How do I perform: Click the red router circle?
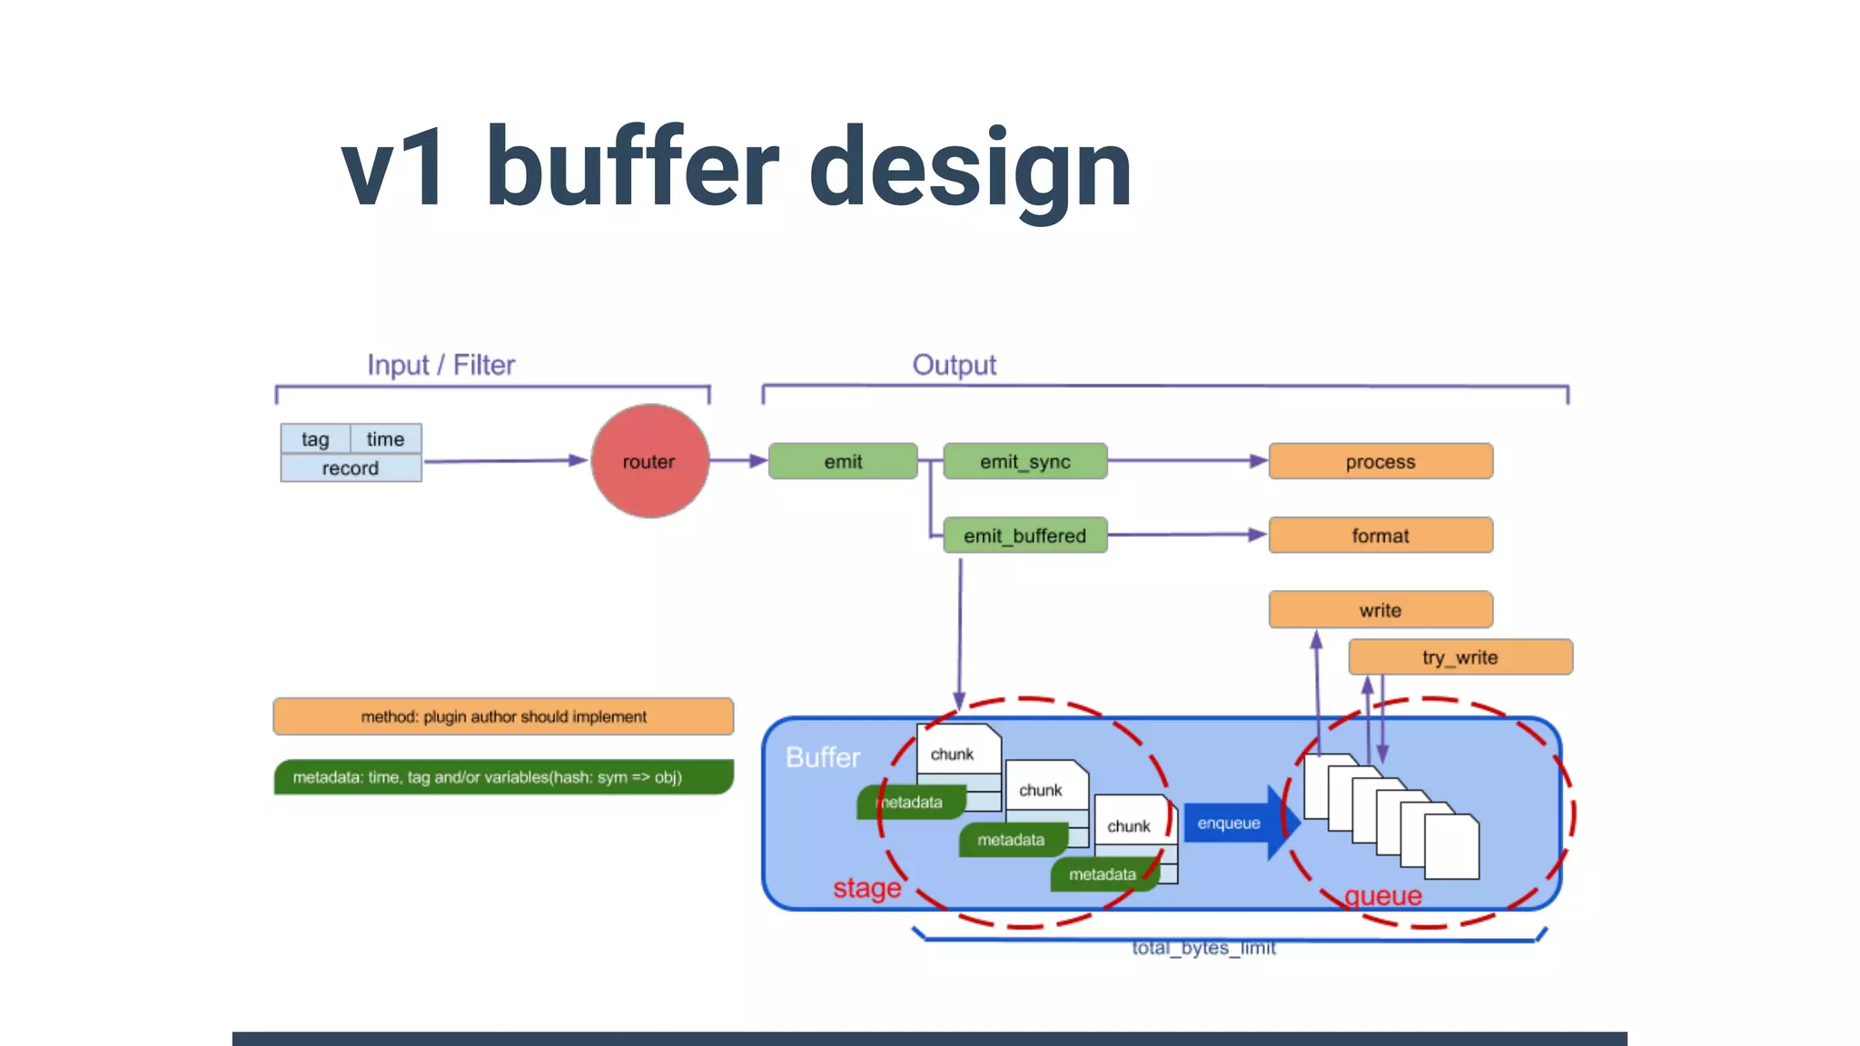pyautogui.click(x=649, y=461)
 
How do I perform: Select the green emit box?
pyautogui.click(x=843, y=461)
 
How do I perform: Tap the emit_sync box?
pyautogui.click(x=1024, y=461)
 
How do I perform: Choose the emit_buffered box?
pyautogui.click(x=1024, y=536)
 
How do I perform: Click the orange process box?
pyautogui.click(x=1380, y=461)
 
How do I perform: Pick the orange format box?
pyautogui.click(x=1380, y=536)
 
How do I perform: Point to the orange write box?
pyautogui.click(x=1380, y=610)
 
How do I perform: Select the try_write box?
pyautogui.click(x=1459, y=657)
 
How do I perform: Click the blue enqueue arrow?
pyautogui.click(x=1235, y=824)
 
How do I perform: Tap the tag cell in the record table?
pyautogui.click(x=315, y=439)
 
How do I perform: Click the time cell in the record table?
pyautogui.click(x=385, y=439)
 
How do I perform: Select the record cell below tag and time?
pyautogui.click(x=351, y=469)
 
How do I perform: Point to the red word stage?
pyautogui.click(x=866, y=888)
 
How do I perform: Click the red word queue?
pyautogui.click(x=1382, y=896)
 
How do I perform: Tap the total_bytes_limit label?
pyautogui.click(x=1203, y=948)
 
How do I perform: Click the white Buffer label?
pyautogui.click(x=822, y=757)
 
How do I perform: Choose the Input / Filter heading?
pyautogui.click(x=440, y=365)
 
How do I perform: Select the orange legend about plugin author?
pyautogui.click(x=503, y=716)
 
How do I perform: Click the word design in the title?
pyautogui.click(x=969, y=168)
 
